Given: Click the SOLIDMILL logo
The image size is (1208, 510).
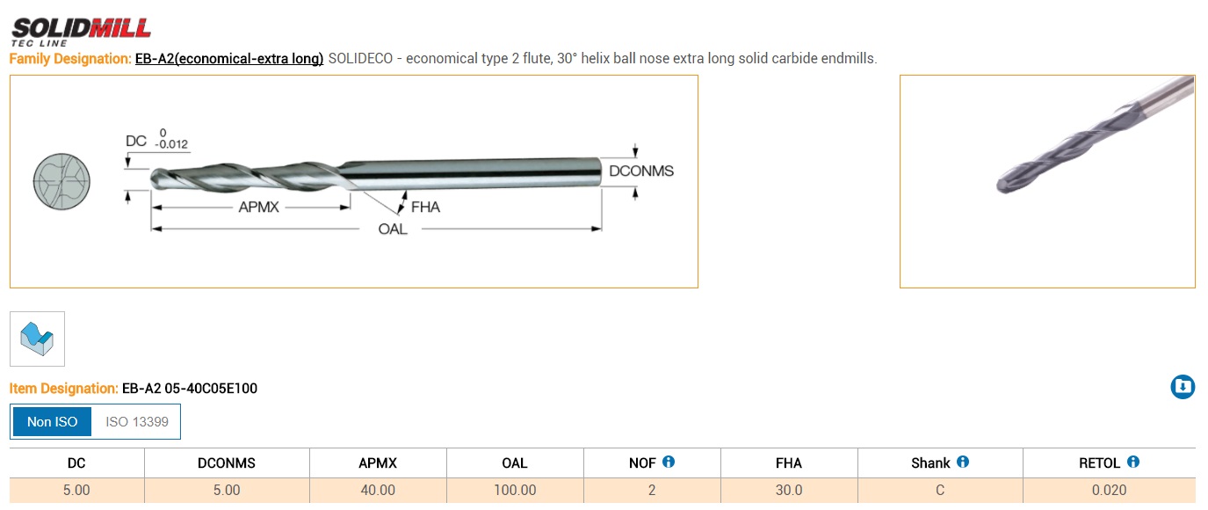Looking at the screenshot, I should tap(81, 29).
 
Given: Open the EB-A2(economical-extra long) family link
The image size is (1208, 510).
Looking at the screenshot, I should tap(229, 59).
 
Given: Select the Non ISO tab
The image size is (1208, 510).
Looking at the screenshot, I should tap(53, 422).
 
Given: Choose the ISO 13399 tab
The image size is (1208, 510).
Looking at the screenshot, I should tap(136, 422).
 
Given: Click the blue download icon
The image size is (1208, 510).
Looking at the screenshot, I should tap(1183, 387).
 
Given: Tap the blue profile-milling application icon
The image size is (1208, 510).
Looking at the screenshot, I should tap(37, 339).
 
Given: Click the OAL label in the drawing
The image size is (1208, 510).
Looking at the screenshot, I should tap(393, 229).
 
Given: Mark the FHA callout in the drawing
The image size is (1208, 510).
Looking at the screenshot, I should tap(425, 208).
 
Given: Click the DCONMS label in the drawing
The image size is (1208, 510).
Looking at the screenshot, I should tap(641, 171).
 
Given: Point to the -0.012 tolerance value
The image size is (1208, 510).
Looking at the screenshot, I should tap(170, 144).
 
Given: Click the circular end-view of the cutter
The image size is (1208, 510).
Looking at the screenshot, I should tap(61, 180).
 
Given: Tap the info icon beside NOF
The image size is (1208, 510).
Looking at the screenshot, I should tap(669, 462).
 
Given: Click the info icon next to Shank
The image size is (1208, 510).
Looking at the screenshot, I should tap(963, 462).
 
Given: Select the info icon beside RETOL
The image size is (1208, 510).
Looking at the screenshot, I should tap(1133, 462).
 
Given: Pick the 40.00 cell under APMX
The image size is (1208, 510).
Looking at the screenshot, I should tap(378, 490).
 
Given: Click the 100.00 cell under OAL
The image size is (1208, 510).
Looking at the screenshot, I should tap(515, 490).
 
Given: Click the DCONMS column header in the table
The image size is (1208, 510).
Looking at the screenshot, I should tap(227, 463).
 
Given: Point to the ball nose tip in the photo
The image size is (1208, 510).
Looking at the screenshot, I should tap(1004, 184).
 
